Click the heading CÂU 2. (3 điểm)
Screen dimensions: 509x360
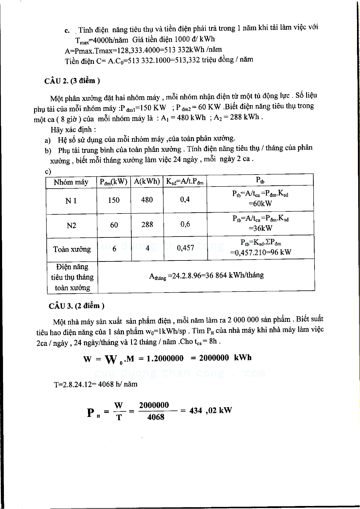coord(72,81)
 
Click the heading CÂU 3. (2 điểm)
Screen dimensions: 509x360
coord(76,305)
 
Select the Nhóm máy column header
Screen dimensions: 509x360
coord(71,182)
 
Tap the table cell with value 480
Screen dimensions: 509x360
coord(147,200)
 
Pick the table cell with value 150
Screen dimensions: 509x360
coord(114,200)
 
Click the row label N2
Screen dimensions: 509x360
coord(72,225)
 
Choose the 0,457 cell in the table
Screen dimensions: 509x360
coord(186,248)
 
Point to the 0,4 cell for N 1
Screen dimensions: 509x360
coord(185,199)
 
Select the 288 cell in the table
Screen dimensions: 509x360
coord(147,225)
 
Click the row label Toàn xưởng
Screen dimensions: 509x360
coord(72,249)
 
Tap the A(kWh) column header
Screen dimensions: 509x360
coord(147,181)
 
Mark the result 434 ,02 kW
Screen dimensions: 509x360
coord(210,410)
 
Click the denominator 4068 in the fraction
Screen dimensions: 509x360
coord(156,417)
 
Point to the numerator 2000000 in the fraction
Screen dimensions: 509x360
coord(154,405)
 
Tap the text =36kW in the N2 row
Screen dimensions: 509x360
coord(260,228)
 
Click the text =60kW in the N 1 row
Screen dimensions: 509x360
coord(260,204)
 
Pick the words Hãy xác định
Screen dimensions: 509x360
coord(73,130)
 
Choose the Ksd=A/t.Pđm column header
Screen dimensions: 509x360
coord(185,182)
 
